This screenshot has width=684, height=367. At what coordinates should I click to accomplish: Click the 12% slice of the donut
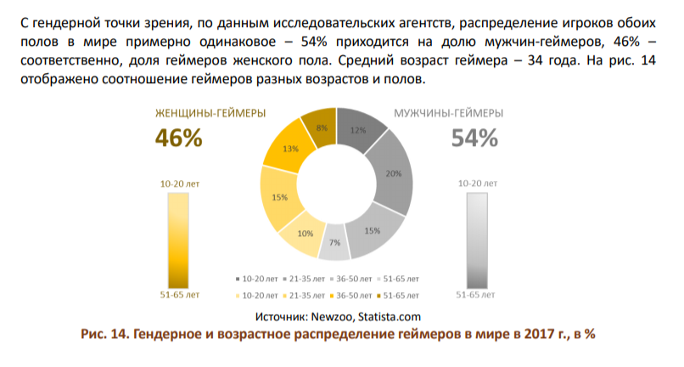coord(357,131)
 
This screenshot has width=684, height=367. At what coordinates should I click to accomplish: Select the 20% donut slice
coord(393,173)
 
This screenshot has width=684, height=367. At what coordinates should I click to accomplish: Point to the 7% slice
coord(335,244)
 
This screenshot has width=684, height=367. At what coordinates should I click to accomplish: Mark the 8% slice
coord(322,128)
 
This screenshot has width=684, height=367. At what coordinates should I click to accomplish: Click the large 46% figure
coord(178,138)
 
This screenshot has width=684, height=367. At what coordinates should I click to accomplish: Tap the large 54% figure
coord(474,138)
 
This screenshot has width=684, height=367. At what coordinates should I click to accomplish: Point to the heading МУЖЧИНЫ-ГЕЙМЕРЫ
coord(448,113)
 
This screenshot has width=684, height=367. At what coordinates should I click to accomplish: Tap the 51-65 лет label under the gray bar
coord(475,296)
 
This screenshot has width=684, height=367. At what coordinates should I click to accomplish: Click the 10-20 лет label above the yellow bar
coord(178,183)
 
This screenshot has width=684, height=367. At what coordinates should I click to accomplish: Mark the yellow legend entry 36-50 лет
coord(350,295)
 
